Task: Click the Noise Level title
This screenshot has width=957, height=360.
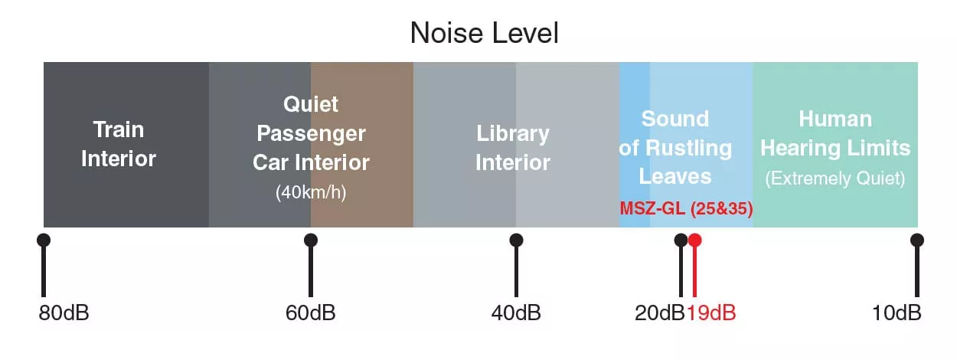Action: click(x=484, y=33)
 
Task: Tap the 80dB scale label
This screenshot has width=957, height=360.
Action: click(x=64, y=313)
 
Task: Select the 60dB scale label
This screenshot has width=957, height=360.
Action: click(x=311, y=313)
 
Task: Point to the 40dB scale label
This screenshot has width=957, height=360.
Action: click(x=516, y=313)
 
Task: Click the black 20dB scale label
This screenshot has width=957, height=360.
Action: click(x=660, y=313)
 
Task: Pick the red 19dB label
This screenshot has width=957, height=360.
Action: click(x=711, y=313)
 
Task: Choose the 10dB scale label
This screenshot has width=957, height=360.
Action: click(x=897, y=313)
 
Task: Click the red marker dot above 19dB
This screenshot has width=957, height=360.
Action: click(x=694, y=241)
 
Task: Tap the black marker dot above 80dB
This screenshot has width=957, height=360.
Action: click(x=44, y=241)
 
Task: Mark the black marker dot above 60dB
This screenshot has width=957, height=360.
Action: click(x=311, y=241)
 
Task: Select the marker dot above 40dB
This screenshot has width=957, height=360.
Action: click(x=516, y=241)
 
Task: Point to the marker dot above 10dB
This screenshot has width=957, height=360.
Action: click(x=917, y=241)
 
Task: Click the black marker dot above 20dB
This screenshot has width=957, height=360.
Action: click(x=681, y=241)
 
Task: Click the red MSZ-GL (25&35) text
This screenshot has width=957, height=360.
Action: click(x=686, y=208)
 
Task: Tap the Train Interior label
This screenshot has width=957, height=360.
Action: click(x=119, y=144)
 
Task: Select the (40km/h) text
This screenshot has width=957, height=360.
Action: click(x=311, y=192)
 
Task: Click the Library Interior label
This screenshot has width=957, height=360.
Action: click(x=513, y=148)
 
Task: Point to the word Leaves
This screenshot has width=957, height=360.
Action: click(x=675, y=176)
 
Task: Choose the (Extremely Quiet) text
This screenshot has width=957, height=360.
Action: click(x=835, y=178)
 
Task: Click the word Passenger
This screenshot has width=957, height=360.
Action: click(x=311, y=134)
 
